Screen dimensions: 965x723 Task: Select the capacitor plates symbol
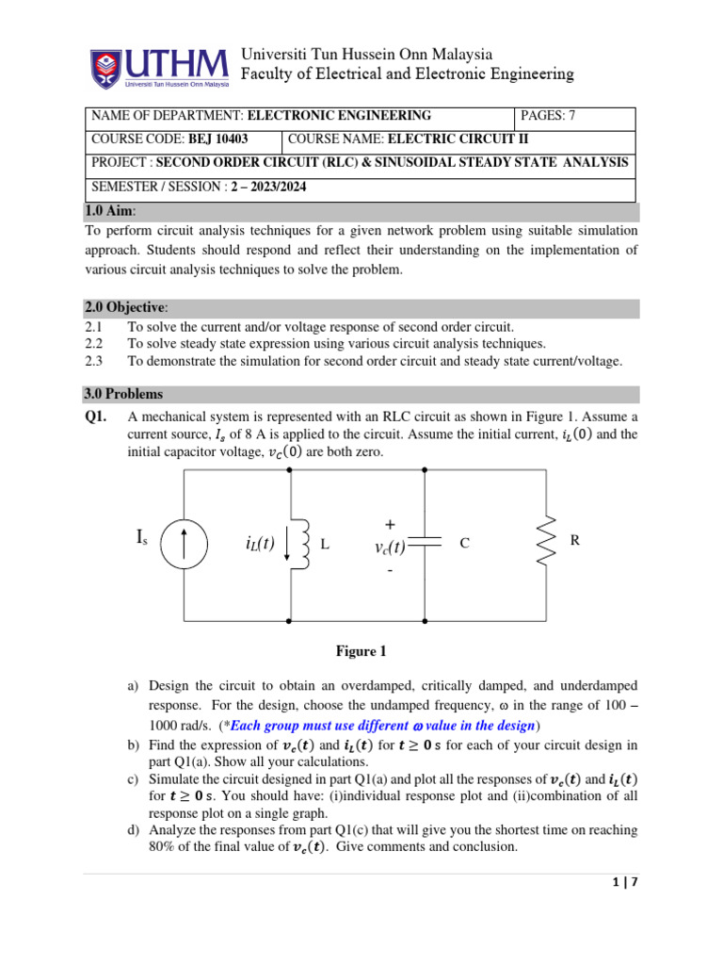click(x=426, y=543)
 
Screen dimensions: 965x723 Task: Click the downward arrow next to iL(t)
click(x=286, y=546)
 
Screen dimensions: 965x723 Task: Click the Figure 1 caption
click(x=361, y=651)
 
